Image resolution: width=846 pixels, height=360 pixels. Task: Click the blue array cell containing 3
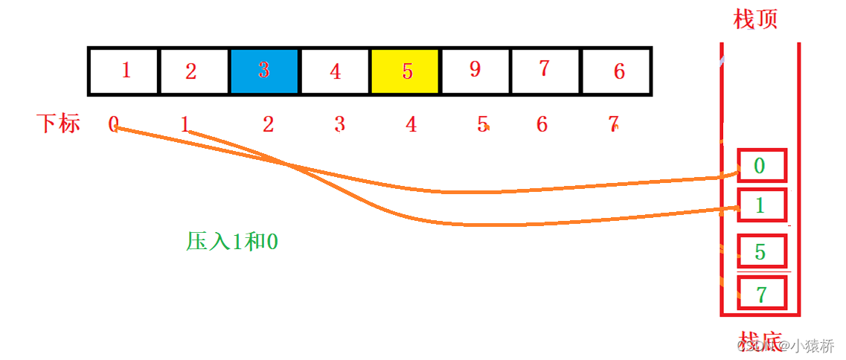[x=264, y=71]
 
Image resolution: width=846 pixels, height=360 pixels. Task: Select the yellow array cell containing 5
[x=406, y=71]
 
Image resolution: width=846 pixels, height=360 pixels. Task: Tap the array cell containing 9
[x=475, y=71]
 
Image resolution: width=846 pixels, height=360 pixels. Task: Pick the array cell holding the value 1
[x=124, y=71]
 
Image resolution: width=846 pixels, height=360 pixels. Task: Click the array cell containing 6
[x=618, y=71]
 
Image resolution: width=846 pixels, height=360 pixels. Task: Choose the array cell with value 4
[x=335, y=71]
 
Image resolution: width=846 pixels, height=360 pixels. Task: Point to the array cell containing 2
[x=193, y=71]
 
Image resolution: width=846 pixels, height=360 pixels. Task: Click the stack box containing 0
[x=761, y=165]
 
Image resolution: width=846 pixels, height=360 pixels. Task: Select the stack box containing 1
[x=761, y=205]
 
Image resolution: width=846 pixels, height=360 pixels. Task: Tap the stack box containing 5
[x=761, y=251]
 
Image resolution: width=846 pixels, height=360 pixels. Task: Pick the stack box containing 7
[x=761, y=294]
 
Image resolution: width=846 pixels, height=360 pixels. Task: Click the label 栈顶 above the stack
[x=755, y=19]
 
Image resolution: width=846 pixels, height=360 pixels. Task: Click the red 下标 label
[x=58, y=123]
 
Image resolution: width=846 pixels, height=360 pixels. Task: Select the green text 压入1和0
[x=232, y=241]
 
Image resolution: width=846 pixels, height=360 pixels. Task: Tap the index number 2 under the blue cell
[x=268, y=124]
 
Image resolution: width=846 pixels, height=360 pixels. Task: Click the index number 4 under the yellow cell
[x=411, y=124]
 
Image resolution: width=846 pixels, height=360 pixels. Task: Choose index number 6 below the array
[x=542, y=124]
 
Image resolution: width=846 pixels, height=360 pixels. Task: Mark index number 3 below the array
[x=339, y=124]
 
